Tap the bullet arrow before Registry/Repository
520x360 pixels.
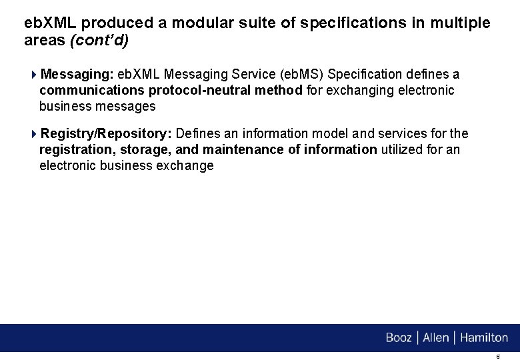tap(35, 134)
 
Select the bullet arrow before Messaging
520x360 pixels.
tap(35, 74)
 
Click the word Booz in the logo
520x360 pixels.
tap(399, 338)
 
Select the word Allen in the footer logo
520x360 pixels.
tap(436, 338)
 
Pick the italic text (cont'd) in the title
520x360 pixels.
tap(100, 40)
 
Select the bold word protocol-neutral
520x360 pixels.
tap(201, 90)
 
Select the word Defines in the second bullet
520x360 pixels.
tap(197, 134)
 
